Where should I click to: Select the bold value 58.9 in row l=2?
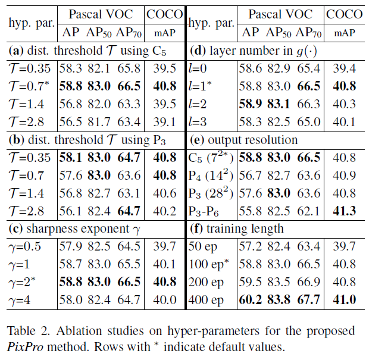point(250,104)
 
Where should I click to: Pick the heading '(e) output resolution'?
point(243,140)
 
